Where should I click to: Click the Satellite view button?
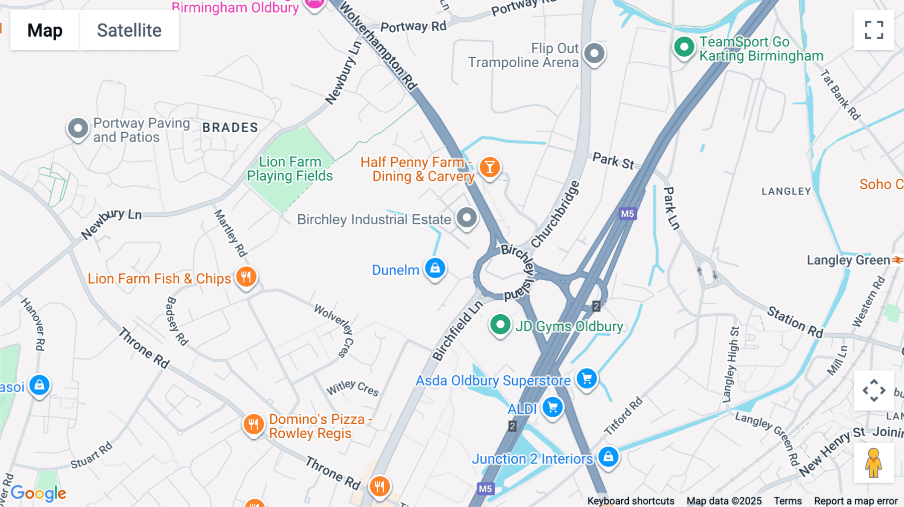(x=129, y=30)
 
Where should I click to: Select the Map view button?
(x=45, y=30)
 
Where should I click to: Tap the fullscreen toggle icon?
(x=874, y=30)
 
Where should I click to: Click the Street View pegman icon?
(x=874, y=463)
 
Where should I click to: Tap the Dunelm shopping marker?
(x=435, y=268)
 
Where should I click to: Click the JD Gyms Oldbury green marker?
(x=500, y=325)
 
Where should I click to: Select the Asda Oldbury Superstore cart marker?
(x=587, y=378)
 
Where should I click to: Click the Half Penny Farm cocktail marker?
(x=490, y=167)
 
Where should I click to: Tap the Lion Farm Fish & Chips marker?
(x=246, y=277)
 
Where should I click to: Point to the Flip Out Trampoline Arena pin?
(x=595, y=53)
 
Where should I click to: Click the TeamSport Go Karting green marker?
(x=684, y=47)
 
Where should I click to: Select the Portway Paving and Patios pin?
(x=78, y=128)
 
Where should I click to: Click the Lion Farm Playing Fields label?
(x=290, y=169)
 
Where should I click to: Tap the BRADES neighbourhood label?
(x=230, y=128)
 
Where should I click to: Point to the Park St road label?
(x=613, y=161)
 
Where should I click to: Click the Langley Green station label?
(x=848, y=260)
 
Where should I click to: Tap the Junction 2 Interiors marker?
(x=608, y=457)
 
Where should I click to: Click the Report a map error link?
(x=856, y=500)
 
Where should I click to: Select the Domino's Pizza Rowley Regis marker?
(x=254, y=425)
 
